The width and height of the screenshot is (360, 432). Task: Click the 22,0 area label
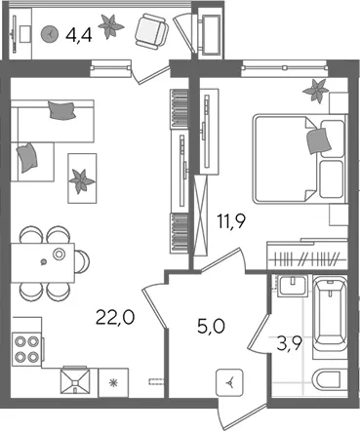tap(115, 318)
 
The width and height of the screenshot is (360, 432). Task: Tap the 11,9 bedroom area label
tap(231, 221)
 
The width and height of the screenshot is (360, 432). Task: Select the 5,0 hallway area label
tap(211, 326)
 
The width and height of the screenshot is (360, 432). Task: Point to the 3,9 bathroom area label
tap(290, 344)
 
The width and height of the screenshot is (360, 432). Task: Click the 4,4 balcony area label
tap(79, 34)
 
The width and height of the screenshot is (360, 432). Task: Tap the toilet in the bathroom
tap(326, 378)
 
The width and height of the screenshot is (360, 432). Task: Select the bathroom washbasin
tap(294, 286)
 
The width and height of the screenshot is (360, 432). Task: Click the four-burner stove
tap(26, 349)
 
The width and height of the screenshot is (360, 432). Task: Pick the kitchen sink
tap(75, 380)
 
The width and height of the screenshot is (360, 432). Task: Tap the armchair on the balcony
tap(151, 31)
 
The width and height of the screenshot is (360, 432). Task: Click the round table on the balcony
tap(50, 33)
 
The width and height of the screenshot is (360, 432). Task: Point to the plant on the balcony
tap(110, 26)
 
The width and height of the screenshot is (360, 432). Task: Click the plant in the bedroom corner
tap(315, 91)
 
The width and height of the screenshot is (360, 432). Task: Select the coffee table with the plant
tap(82, 178)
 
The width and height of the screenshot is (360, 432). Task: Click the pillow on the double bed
tap(319, 140)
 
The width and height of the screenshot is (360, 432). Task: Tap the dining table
tap(43, 262)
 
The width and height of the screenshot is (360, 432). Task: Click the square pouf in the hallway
tap(230, 382)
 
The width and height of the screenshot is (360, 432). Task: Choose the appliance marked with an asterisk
tap(113, 382)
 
